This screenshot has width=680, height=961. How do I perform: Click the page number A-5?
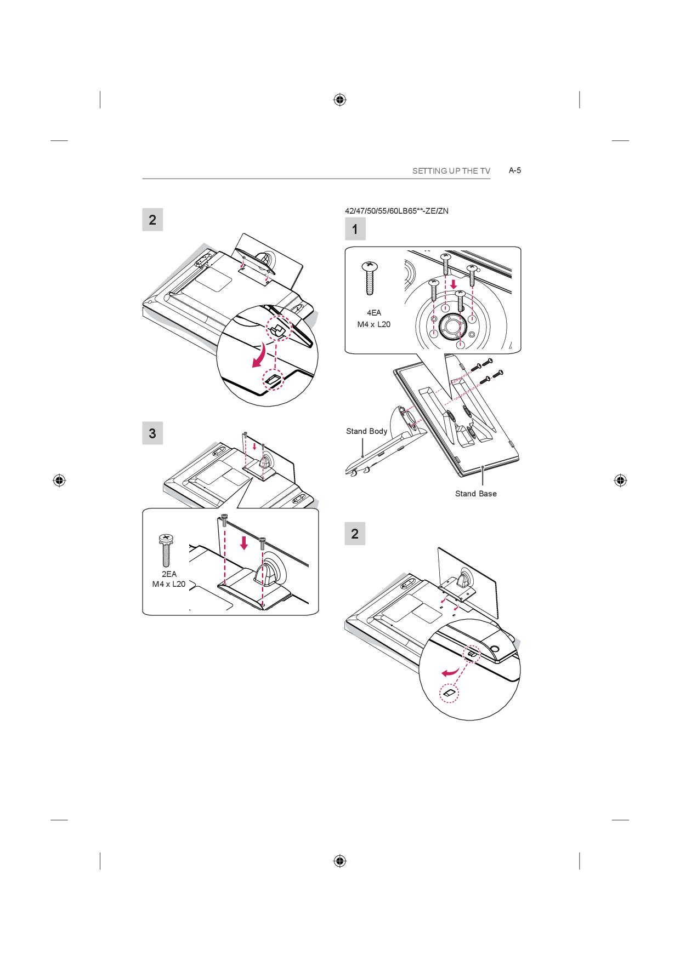514,170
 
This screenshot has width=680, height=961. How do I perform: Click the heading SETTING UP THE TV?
451,171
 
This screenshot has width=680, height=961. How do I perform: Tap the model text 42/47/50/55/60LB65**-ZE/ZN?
396,211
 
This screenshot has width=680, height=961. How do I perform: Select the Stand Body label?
366,431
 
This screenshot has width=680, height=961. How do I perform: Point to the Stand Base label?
476,494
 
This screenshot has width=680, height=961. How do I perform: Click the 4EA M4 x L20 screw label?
374,318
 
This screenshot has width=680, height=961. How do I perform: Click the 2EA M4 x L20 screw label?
169,579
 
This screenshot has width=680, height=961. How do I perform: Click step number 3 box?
152,433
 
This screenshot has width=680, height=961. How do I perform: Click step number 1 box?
355,229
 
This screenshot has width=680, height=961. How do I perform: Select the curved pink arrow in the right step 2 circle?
450,672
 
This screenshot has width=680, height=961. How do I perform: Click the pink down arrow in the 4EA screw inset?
454,285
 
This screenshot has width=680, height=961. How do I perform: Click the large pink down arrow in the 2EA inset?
245,543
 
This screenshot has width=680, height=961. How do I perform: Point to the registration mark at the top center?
340,100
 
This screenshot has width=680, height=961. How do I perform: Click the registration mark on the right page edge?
620,480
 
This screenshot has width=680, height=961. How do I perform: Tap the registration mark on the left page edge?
59,480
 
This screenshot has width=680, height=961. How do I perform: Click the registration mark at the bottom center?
340,861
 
